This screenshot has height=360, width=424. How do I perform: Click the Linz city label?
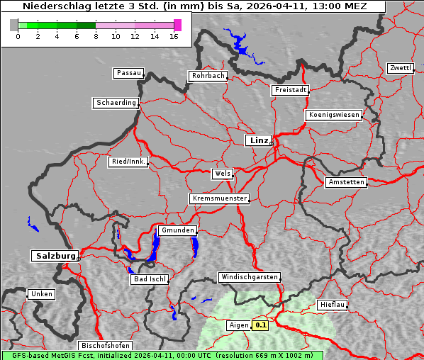point(258,140)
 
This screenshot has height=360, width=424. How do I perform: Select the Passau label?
point(128,73)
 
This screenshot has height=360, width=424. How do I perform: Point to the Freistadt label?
point(290,90)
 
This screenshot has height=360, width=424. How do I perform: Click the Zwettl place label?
point(400,68)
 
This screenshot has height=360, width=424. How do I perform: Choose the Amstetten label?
point(346,182)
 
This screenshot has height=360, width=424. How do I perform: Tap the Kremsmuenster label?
point(219,198)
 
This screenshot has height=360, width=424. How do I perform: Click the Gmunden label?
point(177,230)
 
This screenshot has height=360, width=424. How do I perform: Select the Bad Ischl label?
point(150,279)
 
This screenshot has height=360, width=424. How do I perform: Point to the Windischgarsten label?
point(249,277)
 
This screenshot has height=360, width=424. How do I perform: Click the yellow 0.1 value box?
point(261,325)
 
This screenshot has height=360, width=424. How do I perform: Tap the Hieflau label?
point(333,304)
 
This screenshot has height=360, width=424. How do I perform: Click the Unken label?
point(41,293)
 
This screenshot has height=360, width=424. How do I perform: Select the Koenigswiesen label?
point(334,115)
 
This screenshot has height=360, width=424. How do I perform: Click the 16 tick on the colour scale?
point(174,36)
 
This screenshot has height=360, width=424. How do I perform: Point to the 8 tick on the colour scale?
point(96,36)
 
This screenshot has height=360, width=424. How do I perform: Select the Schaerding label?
point(116,103)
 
